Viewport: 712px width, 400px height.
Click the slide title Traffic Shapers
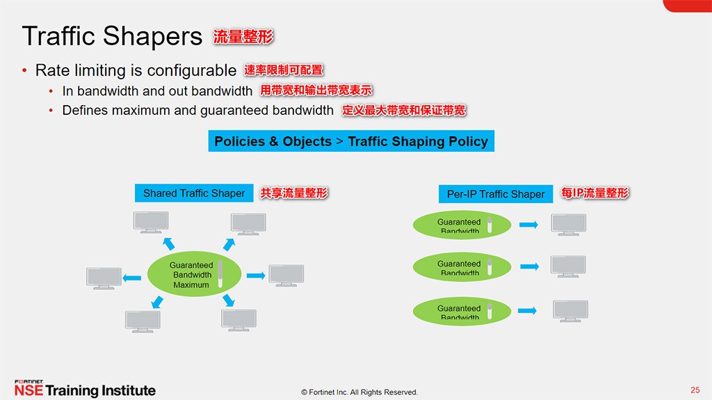[x=112, y=37]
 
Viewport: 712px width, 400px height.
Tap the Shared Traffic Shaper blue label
[x=194, y=193]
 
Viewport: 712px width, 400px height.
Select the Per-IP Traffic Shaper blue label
[x=496, y=194]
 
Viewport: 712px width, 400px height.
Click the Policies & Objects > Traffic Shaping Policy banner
[x=351, y=141]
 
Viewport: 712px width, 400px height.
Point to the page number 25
[x=695, y=390]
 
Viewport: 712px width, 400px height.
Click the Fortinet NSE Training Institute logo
[x=85, y=389]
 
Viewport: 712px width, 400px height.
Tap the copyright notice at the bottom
[x=359, y=392]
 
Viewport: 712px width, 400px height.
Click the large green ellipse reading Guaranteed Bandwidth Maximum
[x=194, y=275]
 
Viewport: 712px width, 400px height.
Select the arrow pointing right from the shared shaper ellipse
[x=256, y=275]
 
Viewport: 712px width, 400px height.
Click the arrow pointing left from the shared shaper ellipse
[x=131, y=278]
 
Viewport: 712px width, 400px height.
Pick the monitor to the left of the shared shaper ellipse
[x=104, y=278]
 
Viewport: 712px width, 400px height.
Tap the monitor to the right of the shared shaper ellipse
[x=286, y=275]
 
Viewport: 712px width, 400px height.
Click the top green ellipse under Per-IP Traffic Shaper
[x=462, y=225]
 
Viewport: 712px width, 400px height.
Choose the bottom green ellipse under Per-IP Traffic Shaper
[x=462, y=310]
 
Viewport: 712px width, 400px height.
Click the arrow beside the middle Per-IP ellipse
[x=529, y=267]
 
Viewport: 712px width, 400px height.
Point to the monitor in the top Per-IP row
[x=568, y=224]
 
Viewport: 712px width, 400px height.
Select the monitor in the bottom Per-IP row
[x=570, y=311]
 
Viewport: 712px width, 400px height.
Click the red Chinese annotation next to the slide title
[x=243, y=37]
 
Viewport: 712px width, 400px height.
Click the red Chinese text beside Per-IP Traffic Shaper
[x=594, y=193]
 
